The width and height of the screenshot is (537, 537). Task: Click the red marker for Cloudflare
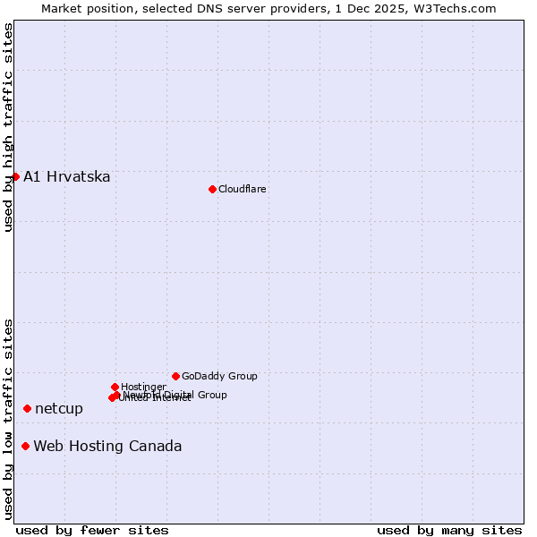click(212, 189)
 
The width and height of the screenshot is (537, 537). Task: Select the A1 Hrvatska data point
click(15, 176)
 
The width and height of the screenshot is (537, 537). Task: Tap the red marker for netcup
click(27, 408)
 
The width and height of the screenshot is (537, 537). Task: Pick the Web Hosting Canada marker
click(25, 446)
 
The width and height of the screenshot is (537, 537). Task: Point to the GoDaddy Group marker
click(175, 376)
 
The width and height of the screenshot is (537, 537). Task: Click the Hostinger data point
click(115, 387)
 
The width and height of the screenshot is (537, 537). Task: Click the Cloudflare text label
click(243, 189)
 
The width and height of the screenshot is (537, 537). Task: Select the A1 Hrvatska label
click(67, 176)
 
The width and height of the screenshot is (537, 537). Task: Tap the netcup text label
click(59, 409)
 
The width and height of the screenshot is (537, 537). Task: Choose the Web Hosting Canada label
click(107, 447)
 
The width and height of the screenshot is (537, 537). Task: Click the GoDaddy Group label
click(219, 376)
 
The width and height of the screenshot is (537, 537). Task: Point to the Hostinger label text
click(143, 387)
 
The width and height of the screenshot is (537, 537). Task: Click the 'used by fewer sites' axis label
click(92, 530)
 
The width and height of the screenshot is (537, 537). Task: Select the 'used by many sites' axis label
click(449, 530)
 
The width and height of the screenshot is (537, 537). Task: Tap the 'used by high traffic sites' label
click(8, 127)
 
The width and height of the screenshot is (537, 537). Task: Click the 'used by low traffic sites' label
click(8, 418)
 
